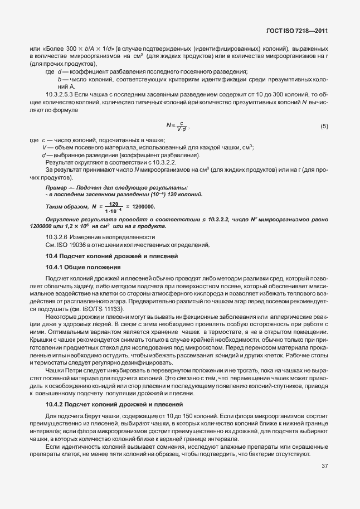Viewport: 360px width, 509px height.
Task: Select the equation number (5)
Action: click(324, 127)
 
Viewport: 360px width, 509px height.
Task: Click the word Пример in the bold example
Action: click(57, 187)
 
